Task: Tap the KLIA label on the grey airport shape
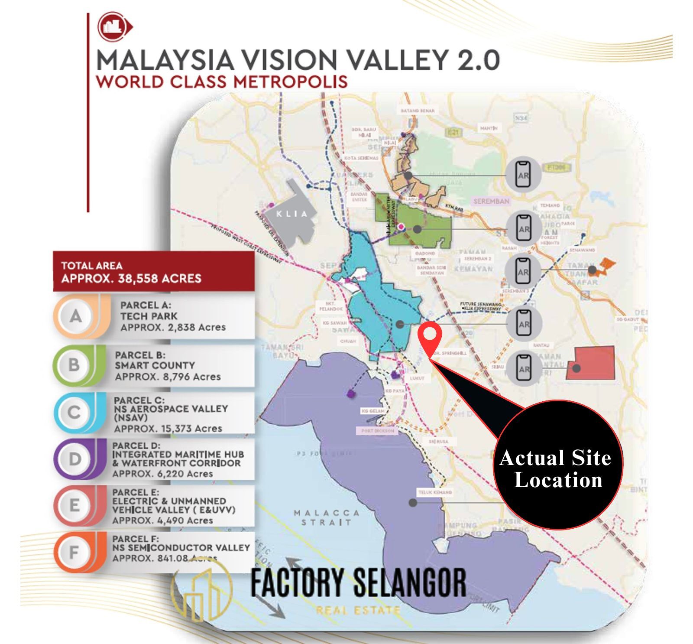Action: pos(292,214)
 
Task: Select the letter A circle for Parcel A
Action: pos(76,316)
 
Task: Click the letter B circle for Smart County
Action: pos(74,365)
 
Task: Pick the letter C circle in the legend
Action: pos(74,412)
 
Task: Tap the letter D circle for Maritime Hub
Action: pos(74,459)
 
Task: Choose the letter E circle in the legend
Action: pos(74,505)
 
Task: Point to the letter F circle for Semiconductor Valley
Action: pos(74,552)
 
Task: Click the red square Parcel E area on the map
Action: pos(592,363)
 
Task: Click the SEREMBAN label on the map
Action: pos(491,202)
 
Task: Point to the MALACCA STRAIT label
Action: pos(327,517)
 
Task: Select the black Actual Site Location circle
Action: pos(557,465)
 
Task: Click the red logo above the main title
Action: pos(113,27)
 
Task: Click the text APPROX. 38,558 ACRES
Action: pos(131,278)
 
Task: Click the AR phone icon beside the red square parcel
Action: pos(524,369)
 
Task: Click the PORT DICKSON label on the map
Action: pos(378,431)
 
